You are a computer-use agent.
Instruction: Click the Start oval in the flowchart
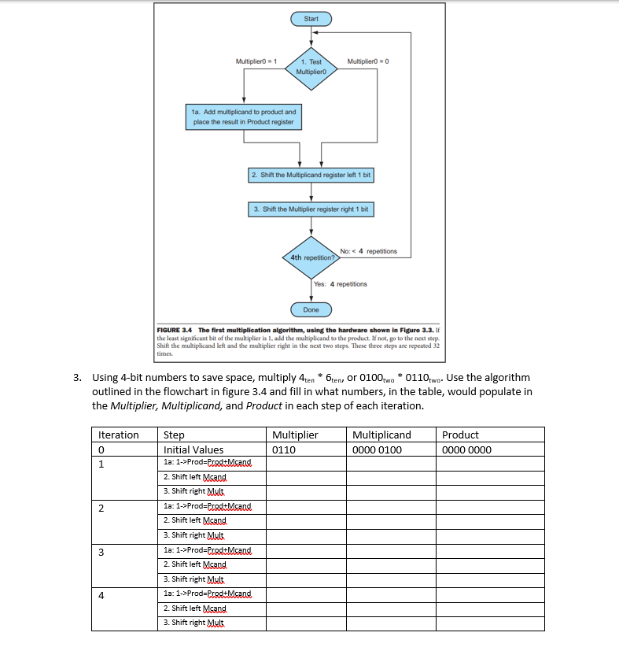pos(312,17)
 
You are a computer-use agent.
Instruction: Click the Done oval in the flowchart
pos(311,309)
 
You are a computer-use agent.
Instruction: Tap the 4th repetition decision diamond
pos(311,257)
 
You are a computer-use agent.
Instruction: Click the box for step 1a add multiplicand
pos(245,117)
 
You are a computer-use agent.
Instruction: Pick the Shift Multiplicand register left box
pos(311,175)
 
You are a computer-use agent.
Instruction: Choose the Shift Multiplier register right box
pos(311,209)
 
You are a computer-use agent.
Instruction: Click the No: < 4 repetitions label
pos(368,251)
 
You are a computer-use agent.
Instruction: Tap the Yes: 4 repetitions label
pos(340,283)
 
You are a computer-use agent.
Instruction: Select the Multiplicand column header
pos(381,435)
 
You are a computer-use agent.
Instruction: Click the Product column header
pos(460,435)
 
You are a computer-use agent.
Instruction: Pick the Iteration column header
pos(118,435)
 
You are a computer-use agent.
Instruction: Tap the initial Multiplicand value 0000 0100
pos(377,450)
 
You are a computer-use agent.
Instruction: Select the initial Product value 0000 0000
pos(466,450)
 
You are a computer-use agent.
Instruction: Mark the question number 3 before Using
pos(77,378)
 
